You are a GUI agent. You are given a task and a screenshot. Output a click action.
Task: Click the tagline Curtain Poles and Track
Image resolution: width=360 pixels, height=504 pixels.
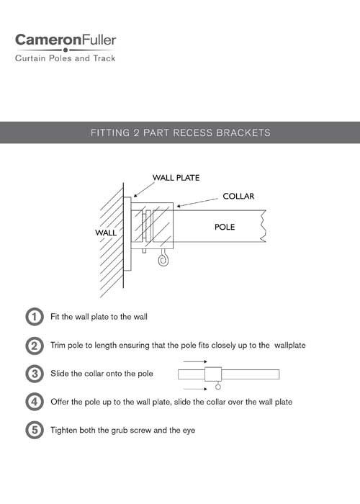click(65, 58)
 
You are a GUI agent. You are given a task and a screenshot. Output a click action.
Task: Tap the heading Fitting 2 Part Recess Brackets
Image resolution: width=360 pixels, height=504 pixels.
click(180, 133)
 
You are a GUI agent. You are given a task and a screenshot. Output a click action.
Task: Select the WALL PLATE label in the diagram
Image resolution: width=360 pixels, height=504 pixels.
click(176, 177)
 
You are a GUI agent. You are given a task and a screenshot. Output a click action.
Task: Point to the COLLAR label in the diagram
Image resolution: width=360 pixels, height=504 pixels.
click(238, 196)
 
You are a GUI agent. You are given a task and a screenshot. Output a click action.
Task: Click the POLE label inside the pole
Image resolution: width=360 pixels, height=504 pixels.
click(225, 227)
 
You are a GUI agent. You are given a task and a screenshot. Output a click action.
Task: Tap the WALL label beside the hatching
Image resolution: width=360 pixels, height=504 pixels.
click(105, 233)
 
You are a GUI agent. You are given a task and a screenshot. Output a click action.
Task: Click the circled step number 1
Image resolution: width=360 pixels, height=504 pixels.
click(34, 316)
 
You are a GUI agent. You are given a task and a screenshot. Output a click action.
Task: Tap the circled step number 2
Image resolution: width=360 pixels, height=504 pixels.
click(34, 345)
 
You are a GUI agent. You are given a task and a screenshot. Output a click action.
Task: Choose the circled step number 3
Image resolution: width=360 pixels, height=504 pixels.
click(34, 374)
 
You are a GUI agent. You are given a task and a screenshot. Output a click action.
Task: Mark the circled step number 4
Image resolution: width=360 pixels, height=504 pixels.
click(34, 402)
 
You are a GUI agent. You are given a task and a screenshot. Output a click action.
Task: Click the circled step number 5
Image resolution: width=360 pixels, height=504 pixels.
click(34, 431)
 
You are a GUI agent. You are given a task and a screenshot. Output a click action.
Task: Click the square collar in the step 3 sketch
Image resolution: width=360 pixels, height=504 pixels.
click(213, 374)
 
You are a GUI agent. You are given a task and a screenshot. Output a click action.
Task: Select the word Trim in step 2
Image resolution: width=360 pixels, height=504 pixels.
click(58, 345)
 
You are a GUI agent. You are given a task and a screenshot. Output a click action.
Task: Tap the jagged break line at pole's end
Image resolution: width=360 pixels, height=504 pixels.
click(265, 226)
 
